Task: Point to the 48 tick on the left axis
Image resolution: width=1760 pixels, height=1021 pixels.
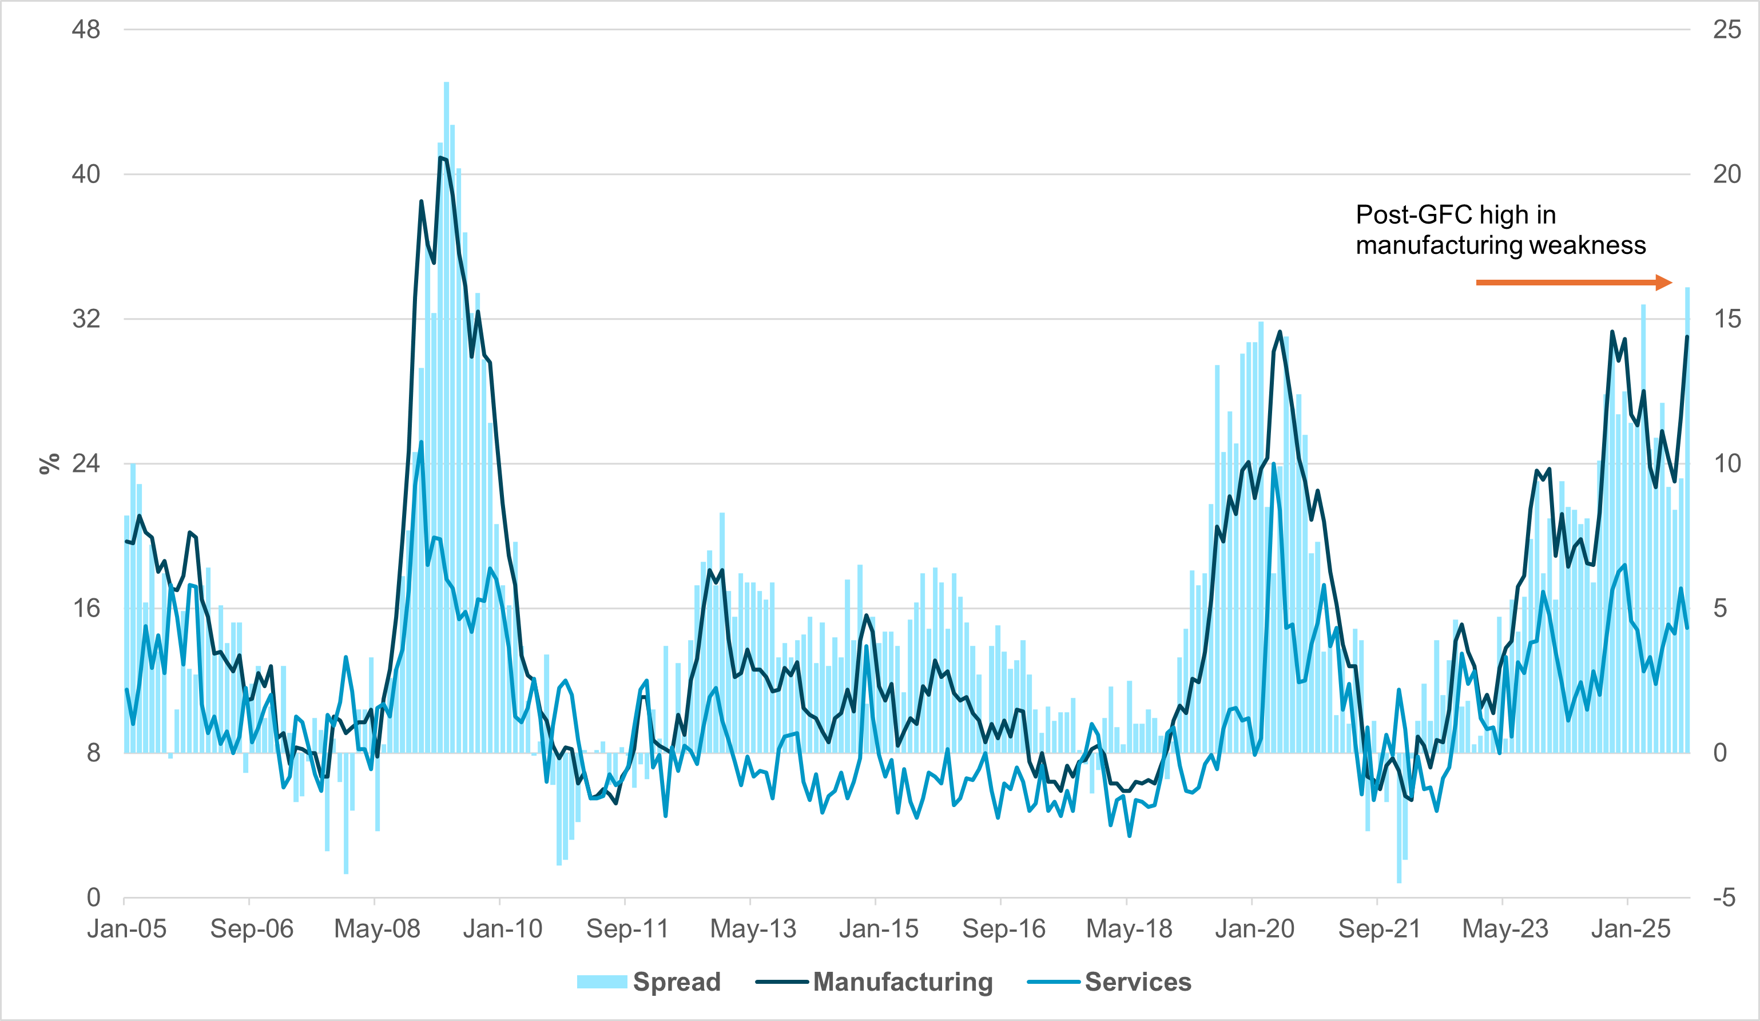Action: (x=86, y=29)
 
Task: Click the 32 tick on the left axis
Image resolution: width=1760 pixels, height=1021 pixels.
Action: (x=86, y=319)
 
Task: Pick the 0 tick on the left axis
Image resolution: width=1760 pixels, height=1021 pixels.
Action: (x=93, y=897)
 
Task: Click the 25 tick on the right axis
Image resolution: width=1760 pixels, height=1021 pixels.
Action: (x=1726, y=29)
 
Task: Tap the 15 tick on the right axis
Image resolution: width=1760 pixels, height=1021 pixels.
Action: (x=1726, y=319)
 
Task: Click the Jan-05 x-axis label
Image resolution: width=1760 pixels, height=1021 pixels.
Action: (x=126, y=929)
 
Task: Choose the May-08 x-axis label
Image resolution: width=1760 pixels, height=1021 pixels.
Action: (x=377, y=929)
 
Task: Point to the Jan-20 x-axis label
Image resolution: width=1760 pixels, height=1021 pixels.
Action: (x=1254, y=929)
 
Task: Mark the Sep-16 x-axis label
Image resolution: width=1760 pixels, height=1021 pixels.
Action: (x=1004, y=929)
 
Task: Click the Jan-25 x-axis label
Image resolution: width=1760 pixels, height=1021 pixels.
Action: (x=1630, y=929)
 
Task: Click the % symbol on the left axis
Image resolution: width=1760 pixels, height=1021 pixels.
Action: (x=49, y=464)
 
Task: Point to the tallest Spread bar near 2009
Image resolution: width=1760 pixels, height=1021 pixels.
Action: (x=446, y=84)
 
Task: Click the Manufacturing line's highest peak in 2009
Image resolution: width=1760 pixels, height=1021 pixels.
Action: (x=440, y=158)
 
